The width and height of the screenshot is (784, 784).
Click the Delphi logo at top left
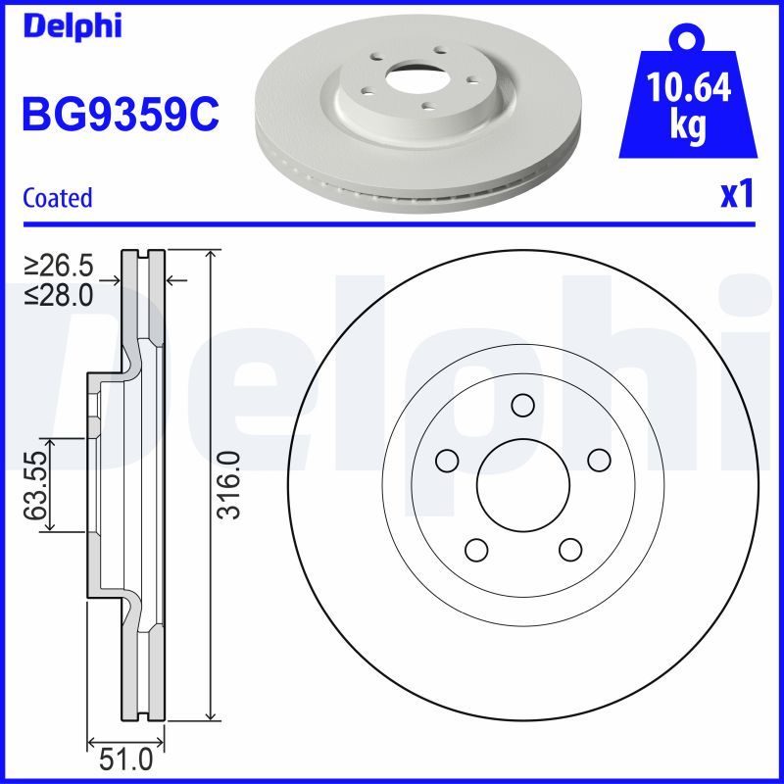71,26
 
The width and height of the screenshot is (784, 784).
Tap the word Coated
57,198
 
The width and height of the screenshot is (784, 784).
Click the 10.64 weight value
690,89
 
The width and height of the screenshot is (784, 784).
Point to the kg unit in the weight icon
689,127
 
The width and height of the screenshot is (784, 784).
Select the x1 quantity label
736,194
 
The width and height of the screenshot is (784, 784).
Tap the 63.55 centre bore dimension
36,485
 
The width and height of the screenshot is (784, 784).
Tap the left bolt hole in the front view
448,459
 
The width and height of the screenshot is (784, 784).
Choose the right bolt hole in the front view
598,459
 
